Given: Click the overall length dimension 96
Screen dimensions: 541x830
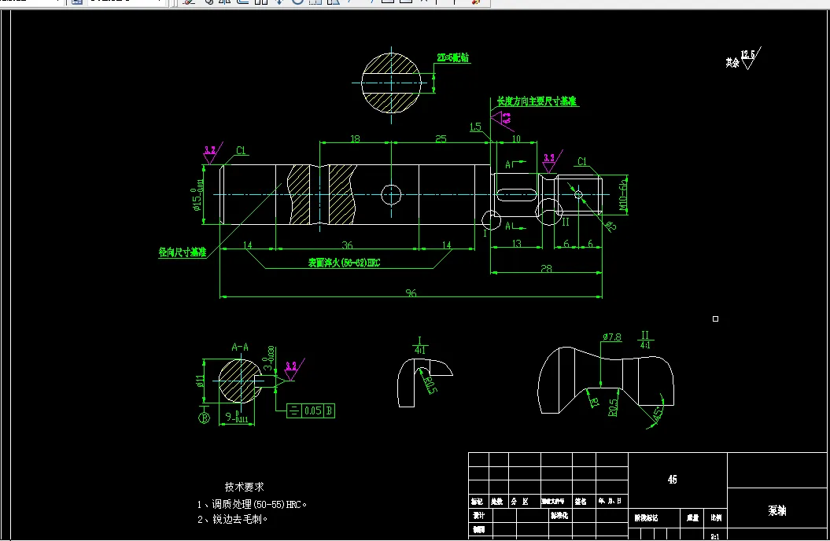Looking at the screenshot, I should pyautogui.click(x=411, y=293).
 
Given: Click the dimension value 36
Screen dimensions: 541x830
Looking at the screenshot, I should pyautogui.click(x=347, y=245).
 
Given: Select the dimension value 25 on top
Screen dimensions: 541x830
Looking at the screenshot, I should pyautogui.click(x=441, y=138).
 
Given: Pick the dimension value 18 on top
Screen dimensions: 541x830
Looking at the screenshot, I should pyautogui.click(x=355, y=138).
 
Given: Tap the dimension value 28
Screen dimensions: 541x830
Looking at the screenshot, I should pyautogui.click(x=546, y=269).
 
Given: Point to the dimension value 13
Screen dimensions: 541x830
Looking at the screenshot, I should pyautogui.click(x=516, y=245).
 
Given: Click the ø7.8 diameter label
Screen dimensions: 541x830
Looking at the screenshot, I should pyautogui.click(x=612, y=337).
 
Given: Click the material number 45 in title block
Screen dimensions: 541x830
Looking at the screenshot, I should pyautogui.click(x=672, y=480).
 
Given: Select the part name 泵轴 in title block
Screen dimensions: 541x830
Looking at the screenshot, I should pyautogui.click(x=777, y=510).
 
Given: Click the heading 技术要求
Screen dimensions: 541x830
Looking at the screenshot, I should pyautogui.click(x=245, y=488).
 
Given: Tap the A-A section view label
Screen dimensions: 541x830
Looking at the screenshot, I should pyautogui.click(x=240, y=346).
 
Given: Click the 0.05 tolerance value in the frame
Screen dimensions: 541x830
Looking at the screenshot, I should pyautogui.click(x=313, y=410).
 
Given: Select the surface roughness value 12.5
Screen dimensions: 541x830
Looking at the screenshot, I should pyautogui.click(x=747, y=54).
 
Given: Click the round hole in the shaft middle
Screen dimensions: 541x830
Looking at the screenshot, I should pyautogui.click(x=391, y=193).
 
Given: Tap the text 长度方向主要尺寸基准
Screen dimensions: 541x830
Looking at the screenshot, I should pyautogui.click(x=537, y=102).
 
